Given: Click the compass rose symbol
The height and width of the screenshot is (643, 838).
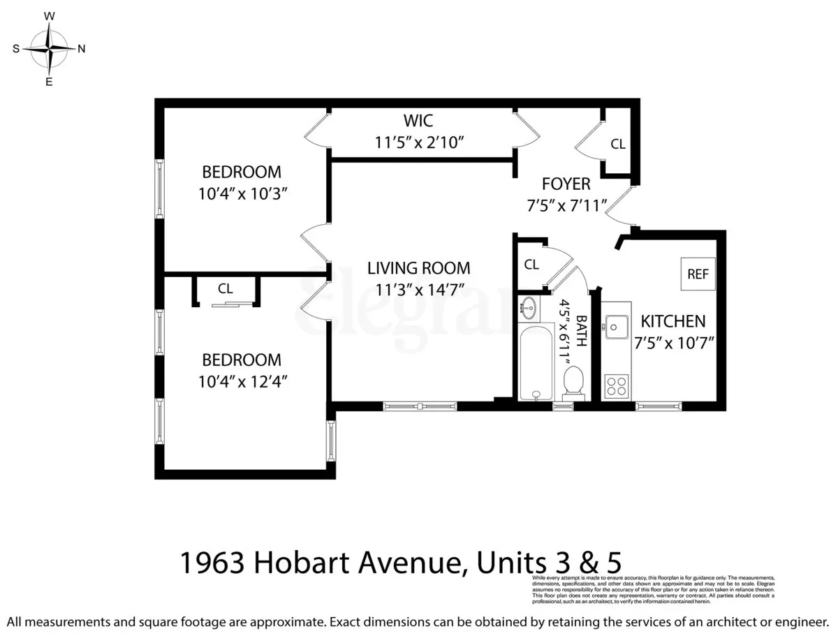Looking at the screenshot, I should tap(49, 48).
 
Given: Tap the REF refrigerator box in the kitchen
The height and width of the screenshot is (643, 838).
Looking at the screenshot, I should tap(698, 274).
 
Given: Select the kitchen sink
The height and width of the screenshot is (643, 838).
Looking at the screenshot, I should tap(617, 326).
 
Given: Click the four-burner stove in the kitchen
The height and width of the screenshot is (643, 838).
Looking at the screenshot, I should tap(616, 385).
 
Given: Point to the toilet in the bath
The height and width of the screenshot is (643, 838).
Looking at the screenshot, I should tap(573, 382).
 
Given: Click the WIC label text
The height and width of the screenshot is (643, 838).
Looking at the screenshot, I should tap(418, 121).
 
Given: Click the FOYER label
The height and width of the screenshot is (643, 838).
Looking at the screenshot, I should tap(566, 184).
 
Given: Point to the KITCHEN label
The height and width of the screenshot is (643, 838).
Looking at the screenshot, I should tap(673, 321).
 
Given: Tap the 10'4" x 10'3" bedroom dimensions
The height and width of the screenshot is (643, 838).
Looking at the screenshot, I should tap(242, 194).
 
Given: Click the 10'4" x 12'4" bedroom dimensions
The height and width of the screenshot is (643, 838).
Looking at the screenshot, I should tap(242, 382).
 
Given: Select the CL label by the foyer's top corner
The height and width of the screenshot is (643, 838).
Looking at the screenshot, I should tap(617, 145).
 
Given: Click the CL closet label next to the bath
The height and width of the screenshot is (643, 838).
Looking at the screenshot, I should tap(531, 265).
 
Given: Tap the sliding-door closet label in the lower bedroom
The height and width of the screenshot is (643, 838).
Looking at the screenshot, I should tap(225, 288).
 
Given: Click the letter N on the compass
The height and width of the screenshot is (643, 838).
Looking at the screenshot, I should tap(81, 49).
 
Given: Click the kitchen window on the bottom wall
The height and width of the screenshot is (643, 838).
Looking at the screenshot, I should tap(659, 405).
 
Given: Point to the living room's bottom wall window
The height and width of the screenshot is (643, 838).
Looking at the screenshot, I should tap(420, 405).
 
